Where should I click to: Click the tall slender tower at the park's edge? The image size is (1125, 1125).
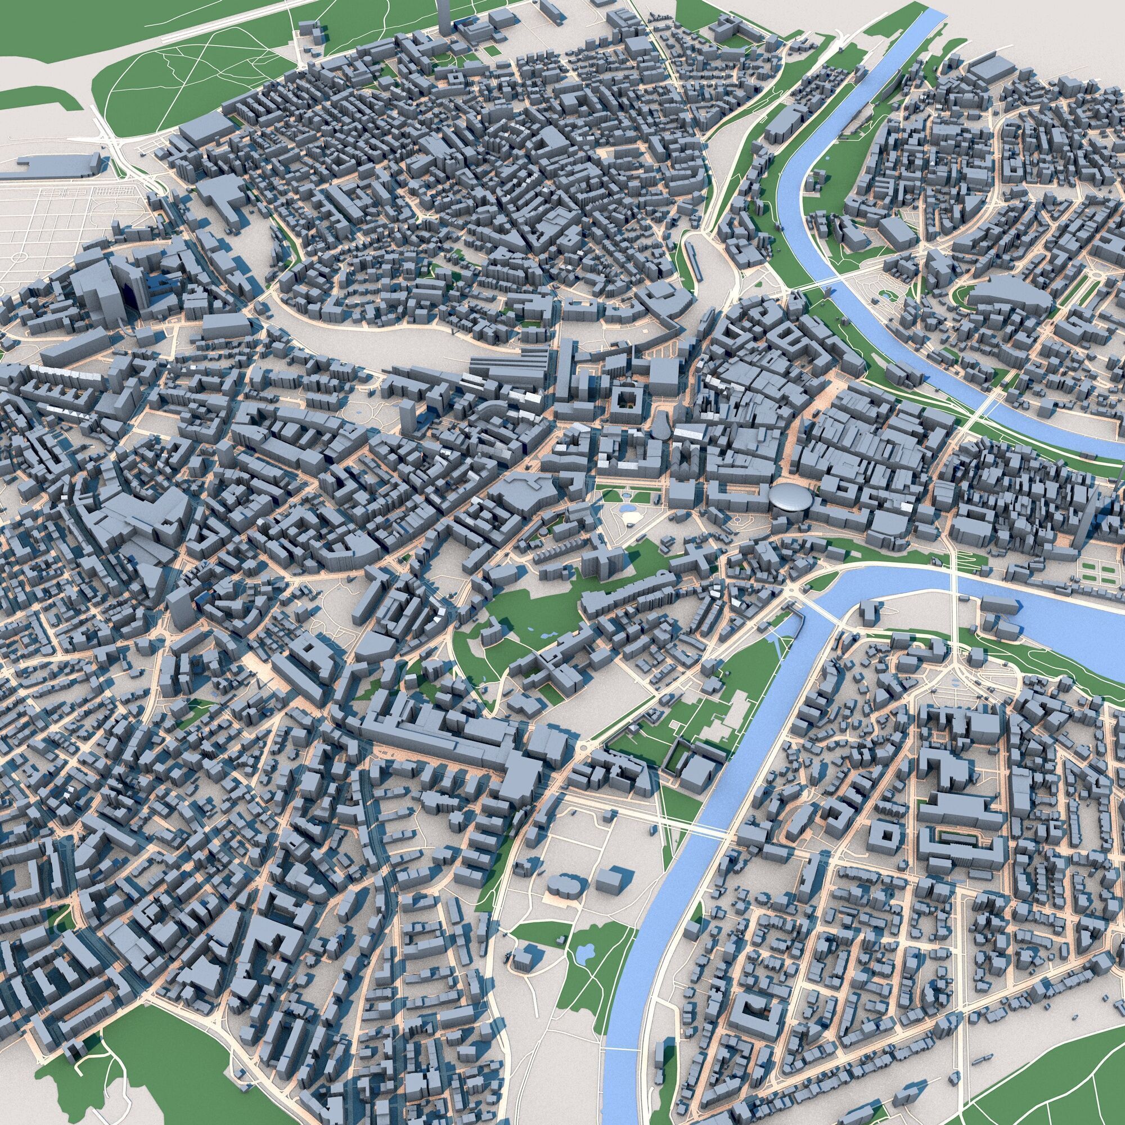[x=444, y=17]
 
